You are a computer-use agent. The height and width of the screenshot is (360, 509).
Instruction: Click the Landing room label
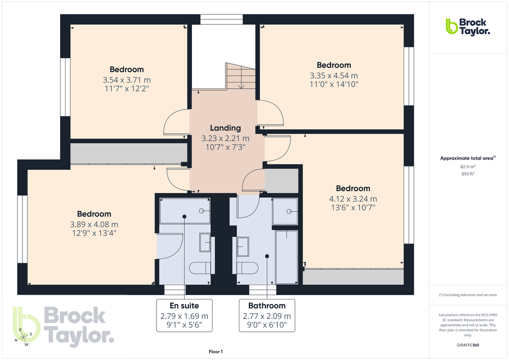225,128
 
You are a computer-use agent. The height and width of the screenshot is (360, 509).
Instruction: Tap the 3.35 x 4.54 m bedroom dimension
333,75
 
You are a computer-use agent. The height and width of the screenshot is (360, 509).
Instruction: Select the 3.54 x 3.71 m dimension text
126,80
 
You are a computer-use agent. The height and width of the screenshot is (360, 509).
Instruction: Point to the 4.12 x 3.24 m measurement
353,198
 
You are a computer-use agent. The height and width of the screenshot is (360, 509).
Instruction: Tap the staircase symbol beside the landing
240,76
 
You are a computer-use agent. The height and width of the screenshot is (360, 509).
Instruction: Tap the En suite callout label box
184,315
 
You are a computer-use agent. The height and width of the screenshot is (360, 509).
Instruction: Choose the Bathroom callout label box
266,315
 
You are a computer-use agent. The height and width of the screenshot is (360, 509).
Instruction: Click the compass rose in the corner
23,336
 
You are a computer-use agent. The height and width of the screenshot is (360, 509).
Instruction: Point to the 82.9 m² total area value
467,166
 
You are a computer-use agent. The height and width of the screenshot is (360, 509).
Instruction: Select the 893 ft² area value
467,174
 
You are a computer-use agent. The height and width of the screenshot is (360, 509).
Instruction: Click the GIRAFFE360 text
467,345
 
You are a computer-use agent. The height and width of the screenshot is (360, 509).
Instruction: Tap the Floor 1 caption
215,352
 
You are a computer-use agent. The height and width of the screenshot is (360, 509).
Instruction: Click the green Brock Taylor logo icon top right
451,26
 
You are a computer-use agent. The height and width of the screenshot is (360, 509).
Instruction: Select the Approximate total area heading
467,158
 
